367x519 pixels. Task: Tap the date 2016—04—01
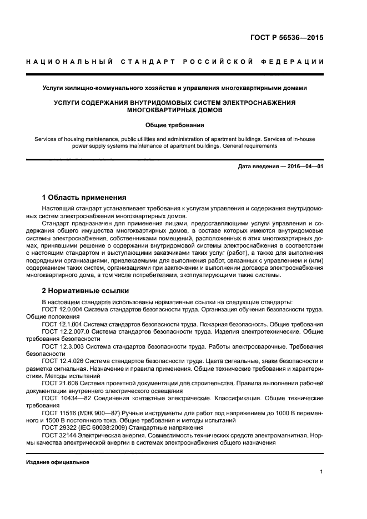(305, 167)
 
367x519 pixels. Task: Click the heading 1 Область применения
(84, 198)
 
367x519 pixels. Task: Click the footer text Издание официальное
(58, 462)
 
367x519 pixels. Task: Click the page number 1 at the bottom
(321, 472)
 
